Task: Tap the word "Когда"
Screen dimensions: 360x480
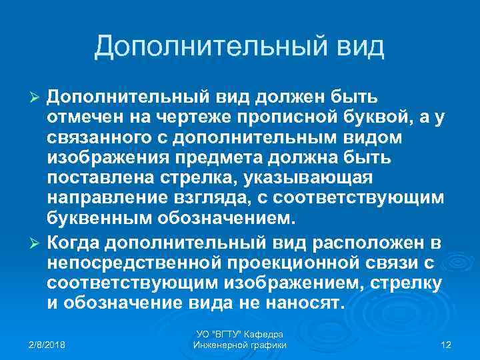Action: tap(75, 241)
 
